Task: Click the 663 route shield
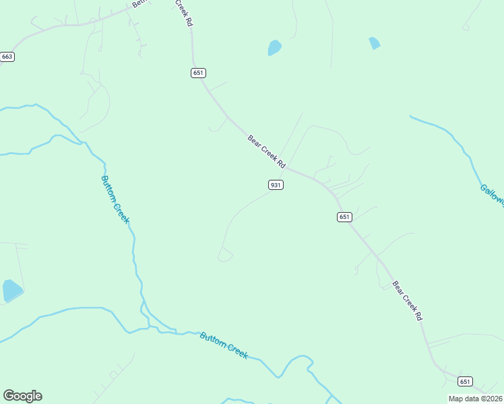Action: (x=7, y=57)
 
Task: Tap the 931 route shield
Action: (x=275, y=184)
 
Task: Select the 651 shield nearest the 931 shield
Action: (x=344, y=217)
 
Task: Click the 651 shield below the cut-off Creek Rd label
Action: (x=198, y=73)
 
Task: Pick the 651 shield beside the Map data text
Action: (x=465, y=382)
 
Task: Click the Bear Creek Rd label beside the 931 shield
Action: (x=267, y=151)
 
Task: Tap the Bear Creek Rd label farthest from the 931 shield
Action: (x=408, y=300)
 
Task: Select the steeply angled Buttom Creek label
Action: (x=115, y=199)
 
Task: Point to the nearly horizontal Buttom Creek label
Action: (x=224, y=345)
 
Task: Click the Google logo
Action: (x=22, y=396)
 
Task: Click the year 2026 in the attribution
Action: (x=493, y=399)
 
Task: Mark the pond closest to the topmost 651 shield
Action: (x=274, y=47)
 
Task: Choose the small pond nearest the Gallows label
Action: (x=375, y=43)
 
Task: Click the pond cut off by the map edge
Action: (x=11, y=290)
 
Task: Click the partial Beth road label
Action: (x=139, y=3)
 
